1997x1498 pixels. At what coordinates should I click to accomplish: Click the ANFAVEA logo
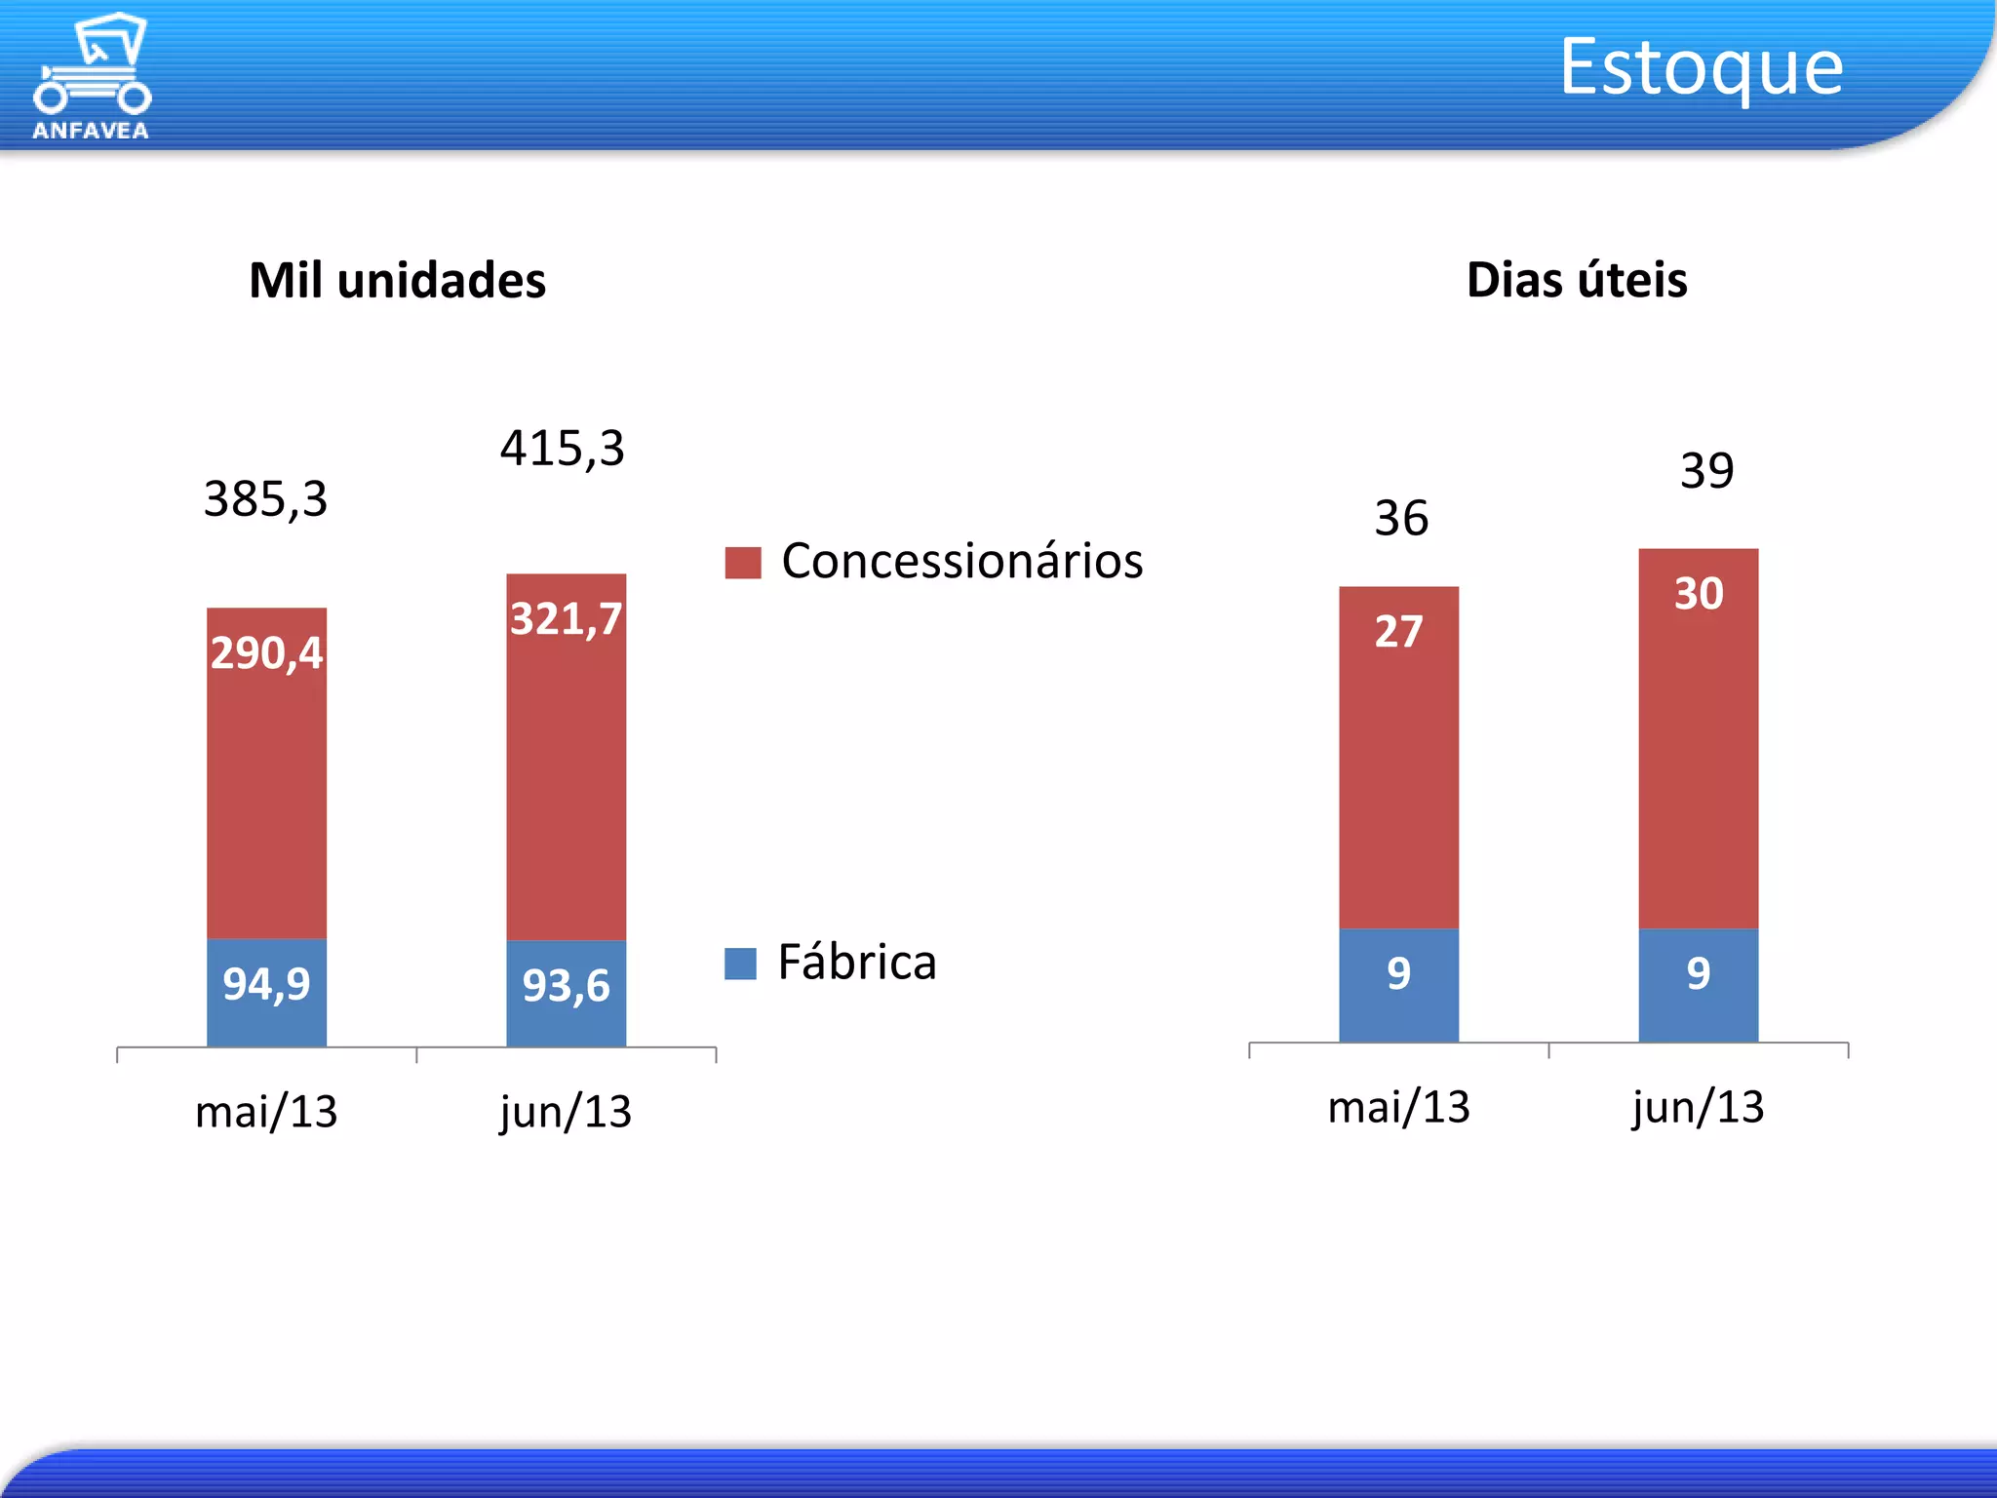(x=92, y=76)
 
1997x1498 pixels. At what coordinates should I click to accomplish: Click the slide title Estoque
(x=1701, y=66)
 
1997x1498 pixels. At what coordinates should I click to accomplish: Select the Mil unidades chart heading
(x=397, y=281)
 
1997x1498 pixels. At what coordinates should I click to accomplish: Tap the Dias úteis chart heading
(x=1577, y=281)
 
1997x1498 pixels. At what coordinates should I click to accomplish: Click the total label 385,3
(x=265, y=499)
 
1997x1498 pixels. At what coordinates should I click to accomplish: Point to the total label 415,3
(x=563, y=449)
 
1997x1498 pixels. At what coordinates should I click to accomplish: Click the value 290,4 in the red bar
(x=266, y=652)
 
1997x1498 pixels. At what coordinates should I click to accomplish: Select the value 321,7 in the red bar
(x=566, y=619)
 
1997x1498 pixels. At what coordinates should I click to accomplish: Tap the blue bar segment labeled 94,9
(x=266, y=992)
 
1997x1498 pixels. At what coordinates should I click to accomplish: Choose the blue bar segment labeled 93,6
(x=566, y=993)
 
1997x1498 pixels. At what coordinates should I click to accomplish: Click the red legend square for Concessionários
(x=742, y=563)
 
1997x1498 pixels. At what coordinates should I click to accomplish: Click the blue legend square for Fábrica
(x=740, y=964)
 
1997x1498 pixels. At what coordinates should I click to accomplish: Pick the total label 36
(x=1401, y=518)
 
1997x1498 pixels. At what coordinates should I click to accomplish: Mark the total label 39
(x=1706, y=471)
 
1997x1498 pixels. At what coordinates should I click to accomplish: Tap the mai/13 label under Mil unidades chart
(x=266, y=1112)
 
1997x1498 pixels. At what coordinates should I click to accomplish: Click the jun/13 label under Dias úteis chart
(x=1698, y=1107)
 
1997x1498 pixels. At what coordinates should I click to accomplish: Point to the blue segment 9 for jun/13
(x=1698, y=983)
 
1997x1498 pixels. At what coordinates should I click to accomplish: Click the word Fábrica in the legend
(x=856, y=963)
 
